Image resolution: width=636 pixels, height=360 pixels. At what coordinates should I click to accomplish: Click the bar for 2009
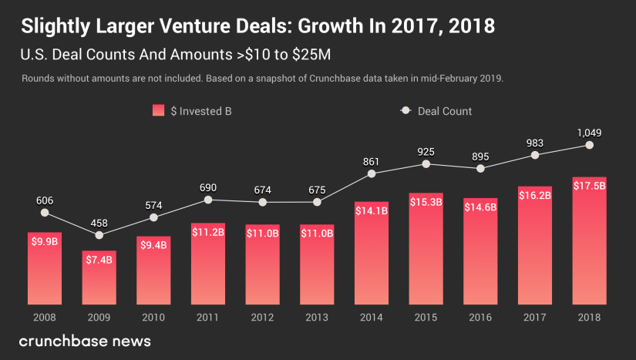99,278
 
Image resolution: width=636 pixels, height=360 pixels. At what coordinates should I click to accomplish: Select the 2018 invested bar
589,247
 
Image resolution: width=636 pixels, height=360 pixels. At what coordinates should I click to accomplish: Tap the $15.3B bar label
426,202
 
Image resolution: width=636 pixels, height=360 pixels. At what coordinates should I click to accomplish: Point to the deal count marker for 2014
372,173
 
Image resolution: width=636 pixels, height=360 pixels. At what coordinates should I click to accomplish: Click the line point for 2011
208,200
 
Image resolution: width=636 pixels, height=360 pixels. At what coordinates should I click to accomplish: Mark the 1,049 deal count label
589,132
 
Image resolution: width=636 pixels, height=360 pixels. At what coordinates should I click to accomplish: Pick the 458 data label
99,223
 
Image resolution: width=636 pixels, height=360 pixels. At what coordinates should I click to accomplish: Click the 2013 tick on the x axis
317,316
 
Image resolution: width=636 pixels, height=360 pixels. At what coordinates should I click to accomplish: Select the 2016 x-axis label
480,316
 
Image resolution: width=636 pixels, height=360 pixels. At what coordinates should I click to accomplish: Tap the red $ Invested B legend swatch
159,111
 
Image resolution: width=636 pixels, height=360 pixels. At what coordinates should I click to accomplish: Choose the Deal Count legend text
445,111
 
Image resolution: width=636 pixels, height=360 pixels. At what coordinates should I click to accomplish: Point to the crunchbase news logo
85,341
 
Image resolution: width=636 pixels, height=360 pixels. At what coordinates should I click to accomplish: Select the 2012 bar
262,266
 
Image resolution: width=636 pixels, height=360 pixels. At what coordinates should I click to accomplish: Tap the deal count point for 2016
480,167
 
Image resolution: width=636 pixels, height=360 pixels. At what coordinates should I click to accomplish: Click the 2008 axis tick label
44,316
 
